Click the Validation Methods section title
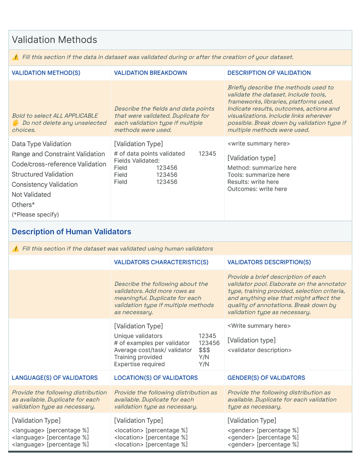(x=54, y=40)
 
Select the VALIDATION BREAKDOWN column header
(x=150, y=73)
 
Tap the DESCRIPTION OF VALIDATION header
(x=269, y=73)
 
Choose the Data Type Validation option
(x=41, y=144)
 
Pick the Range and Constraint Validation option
(x=58, y=154)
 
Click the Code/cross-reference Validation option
(x=59, y=164)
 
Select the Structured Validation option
(x=42, y=174)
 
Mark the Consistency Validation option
(x=44, y=185)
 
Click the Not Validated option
(x=31, y=195)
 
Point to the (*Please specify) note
(x=35, y=214)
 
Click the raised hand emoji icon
(x=16, y=123)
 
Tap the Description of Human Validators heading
(x=71, y=232)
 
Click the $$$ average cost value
(x=204, y=350)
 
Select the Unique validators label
(x=138, y=336)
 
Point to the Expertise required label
(x=139, y=364)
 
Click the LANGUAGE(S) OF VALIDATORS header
(x=54, y=378)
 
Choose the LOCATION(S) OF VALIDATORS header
(x=156, y=378)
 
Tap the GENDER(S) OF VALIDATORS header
(x=266, y=378)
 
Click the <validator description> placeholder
(x=259, y=350)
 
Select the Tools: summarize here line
(x=259, y=175)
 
